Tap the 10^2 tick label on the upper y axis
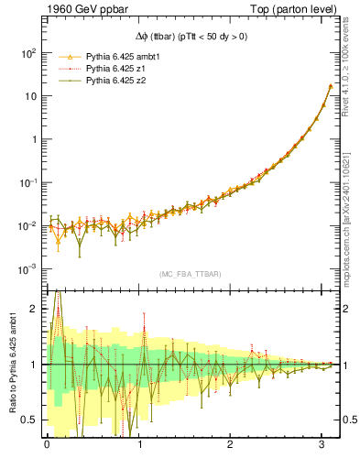click(x=28, y=53)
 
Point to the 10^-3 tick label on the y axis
click(x=28, y=269)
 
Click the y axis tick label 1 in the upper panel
click(x=34, y=139)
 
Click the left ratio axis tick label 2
click(x=34, y=310)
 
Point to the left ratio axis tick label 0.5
click(x=30, y=420)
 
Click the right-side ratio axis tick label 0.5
click(x=350, y=420)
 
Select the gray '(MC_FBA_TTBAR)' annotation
click(x=190, y=274)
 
